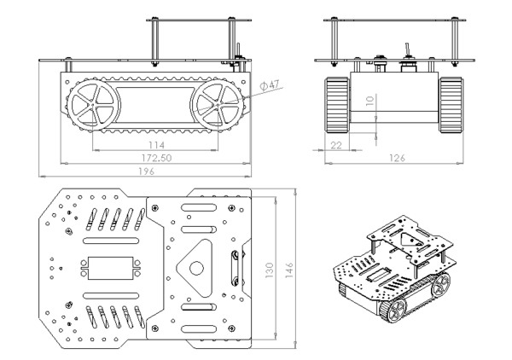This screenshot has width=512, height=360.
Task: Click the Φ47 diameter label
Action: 270,84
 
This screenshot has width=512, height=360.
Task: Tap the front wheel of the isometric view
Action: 395,311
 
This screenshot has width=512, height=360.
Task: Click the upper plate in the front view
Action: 390,20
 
